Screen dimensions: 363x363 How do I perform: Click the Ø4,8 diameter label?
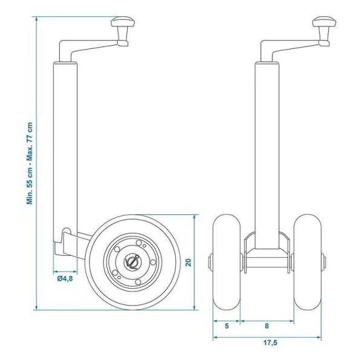[65, 279]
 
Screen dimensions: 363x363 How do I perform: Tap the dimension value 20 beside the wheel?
[188, 261]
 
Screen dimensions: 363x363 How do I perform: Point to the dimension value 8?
[267, 325]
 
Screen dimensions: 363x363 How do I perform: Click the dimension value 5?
[227, 325]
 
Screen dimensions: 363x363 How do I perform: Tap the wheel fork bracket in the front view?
[267, 254]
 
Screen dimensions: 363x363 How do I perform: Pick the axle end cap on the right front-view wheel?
[324, 262]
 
